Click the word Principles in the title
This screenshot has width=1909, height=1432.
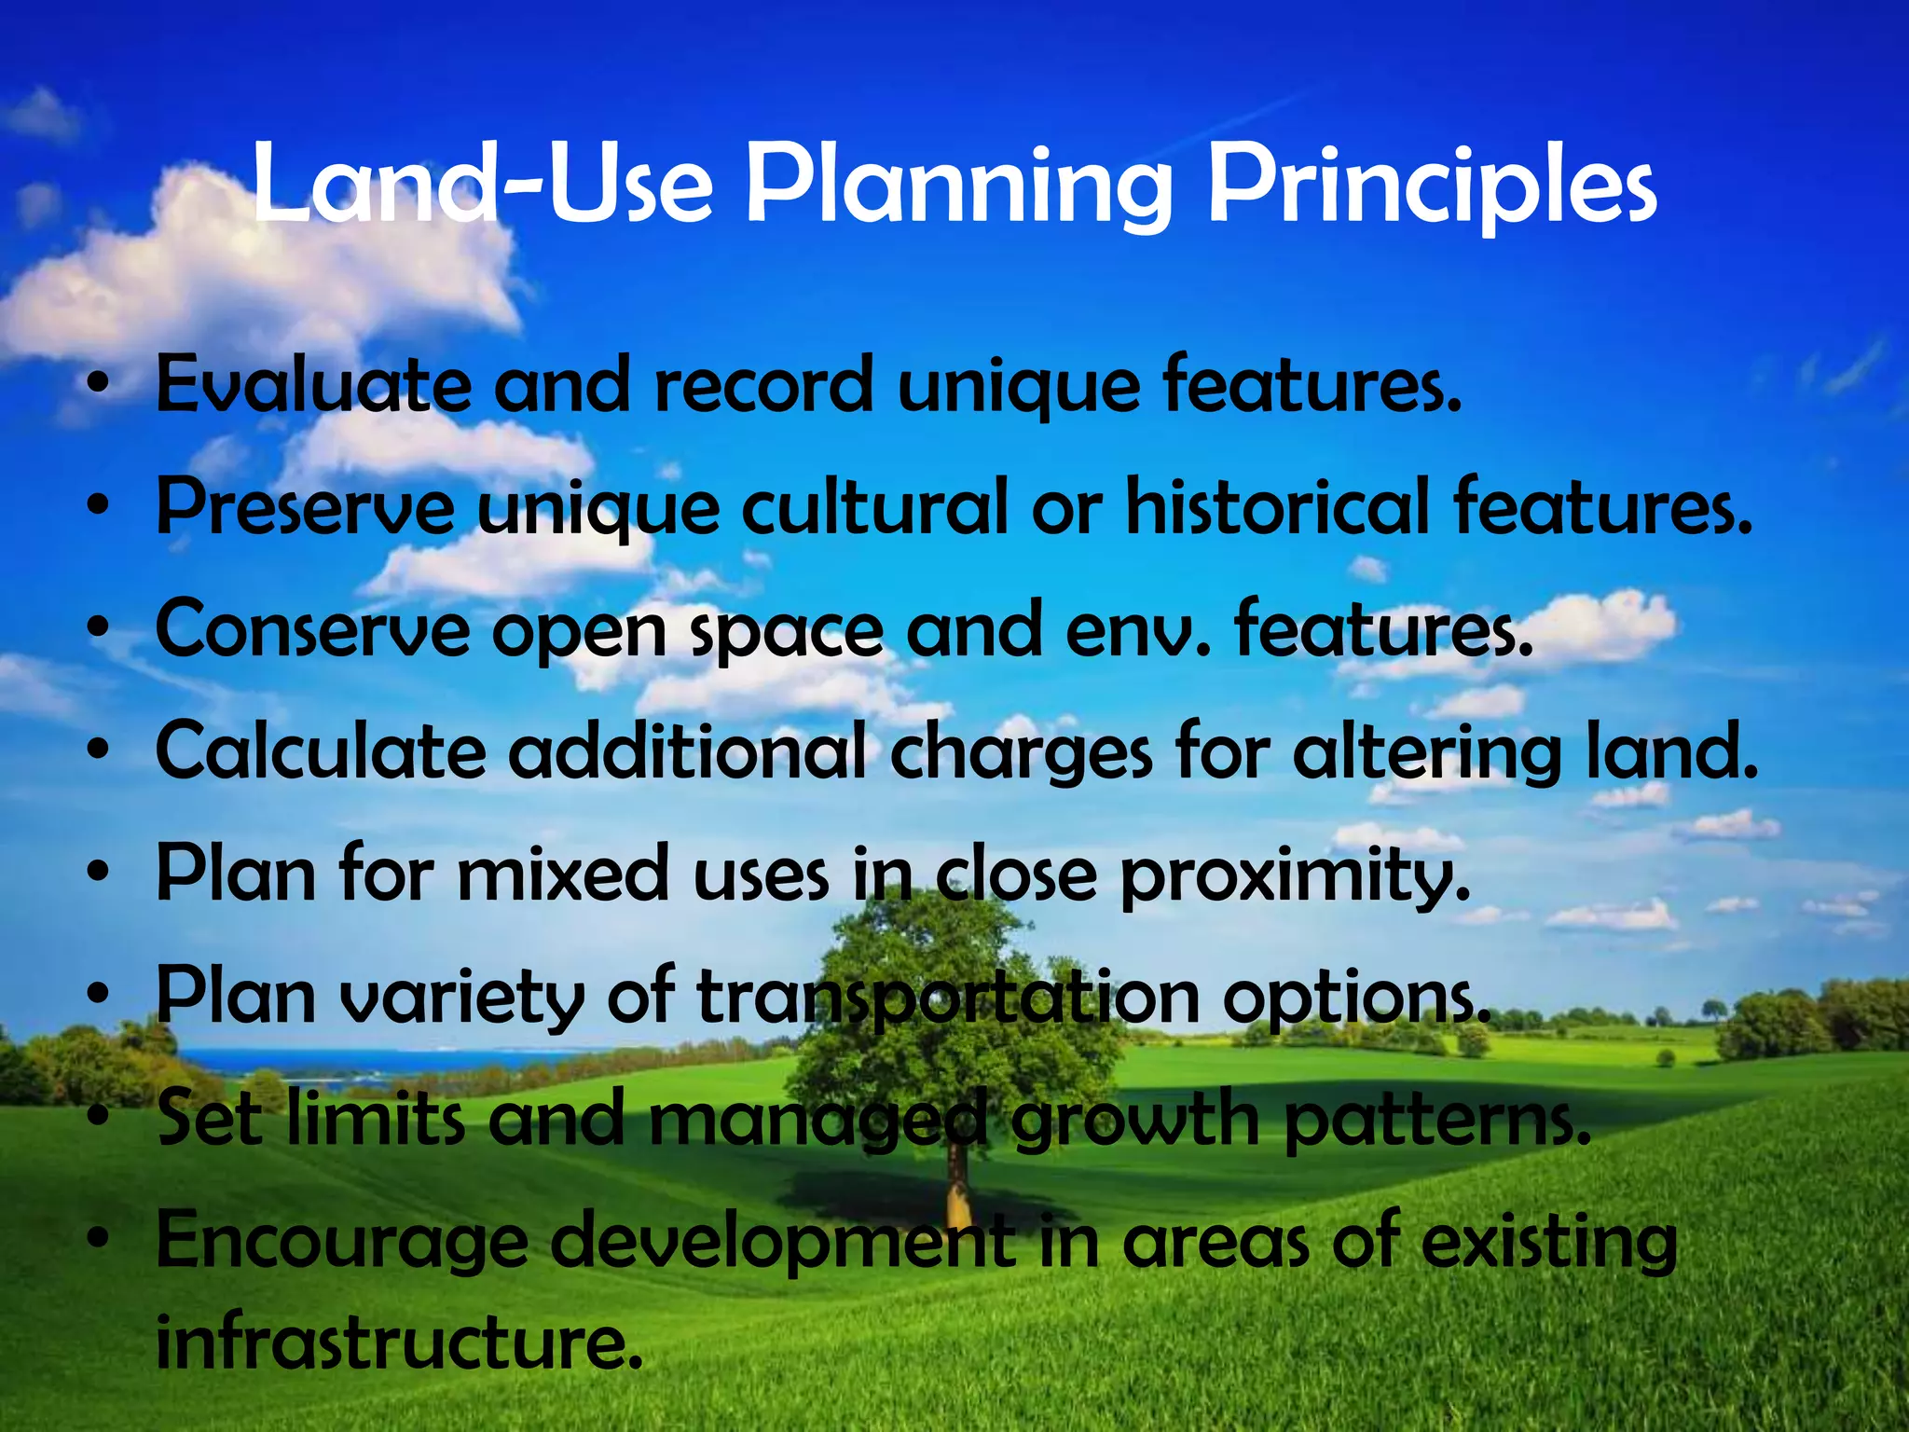pyautogui.click(x=1432, y=186)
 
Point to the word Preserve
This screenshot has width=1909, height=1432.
pyautogui.click(x=306, y=508)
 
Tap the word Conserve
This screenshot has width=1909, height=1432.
pyautogui.click(x=312, y=630)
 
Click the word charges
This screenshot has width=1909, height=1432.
pyautogui.click(x=1021, y=753)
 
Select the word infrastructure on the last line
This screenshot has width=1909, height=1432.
pyautogui.click(x=399, y=1342)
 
